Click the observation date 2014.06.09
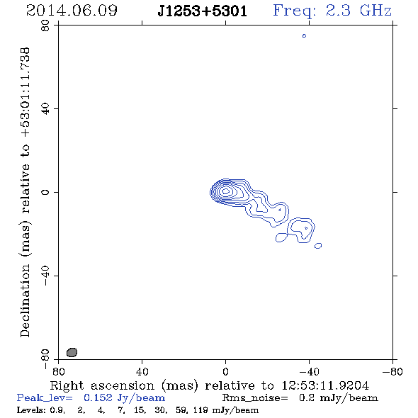click(x=72, y=11)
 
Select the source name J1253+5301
click(x=203, y=11)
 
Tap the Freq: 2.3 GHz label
click(x=332, y=11)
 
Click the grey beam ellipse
click(x=72, y=352)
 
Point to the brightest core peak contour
click(x=226, y=191)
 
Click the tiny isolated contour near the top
click(x=304, y=35)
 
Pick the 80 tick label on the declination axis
click(x=45, y=26)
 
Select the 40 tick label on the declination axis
click(x=45, y=109)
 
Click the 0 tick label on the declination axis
click(x=45, y=192)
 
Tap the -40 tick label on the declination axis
click(x=45, y=276)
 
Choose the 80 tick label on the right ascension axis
click(x=58, y=372)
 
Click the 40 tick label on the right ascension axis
click(x=142, y=372)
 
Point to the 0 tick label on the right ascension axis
click(x=225, y=372)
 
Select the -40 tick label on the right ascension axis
click(x=309, y=372)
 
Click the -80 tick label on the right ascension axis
click(x=392, y=372)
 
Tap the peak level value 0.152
click(x=98, y=397)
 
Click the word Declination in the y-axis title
click(x=26, y=300)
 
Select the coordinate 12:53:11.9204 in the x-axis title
click(x=325, y=385)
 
